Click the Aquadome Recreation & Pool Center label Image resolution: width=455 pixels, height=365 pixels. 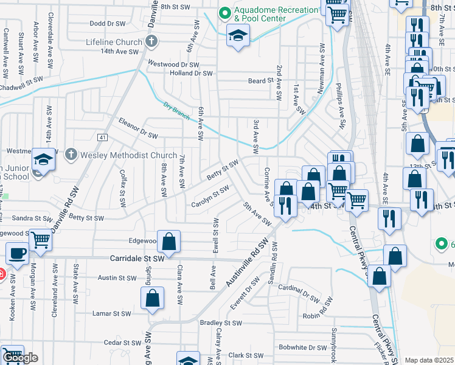point(276,15)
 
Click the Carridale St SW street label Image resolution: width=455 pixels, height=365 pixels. point(137,259)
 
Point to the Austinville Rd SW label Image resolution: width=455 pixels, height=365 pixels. point(246,264)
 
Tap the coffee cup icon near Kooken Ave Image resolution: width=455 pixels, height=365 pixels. point(16,253)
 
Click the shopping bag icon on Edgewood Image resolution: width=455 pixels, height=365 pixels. point(168,240)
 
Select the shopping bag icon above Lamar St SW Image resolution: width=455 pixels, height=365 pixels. point(152,297)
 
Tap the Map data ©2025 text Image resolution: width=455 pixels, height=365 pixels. point(429,360)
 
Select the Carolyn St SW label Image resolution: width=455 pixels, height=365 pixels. point(210,195)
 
